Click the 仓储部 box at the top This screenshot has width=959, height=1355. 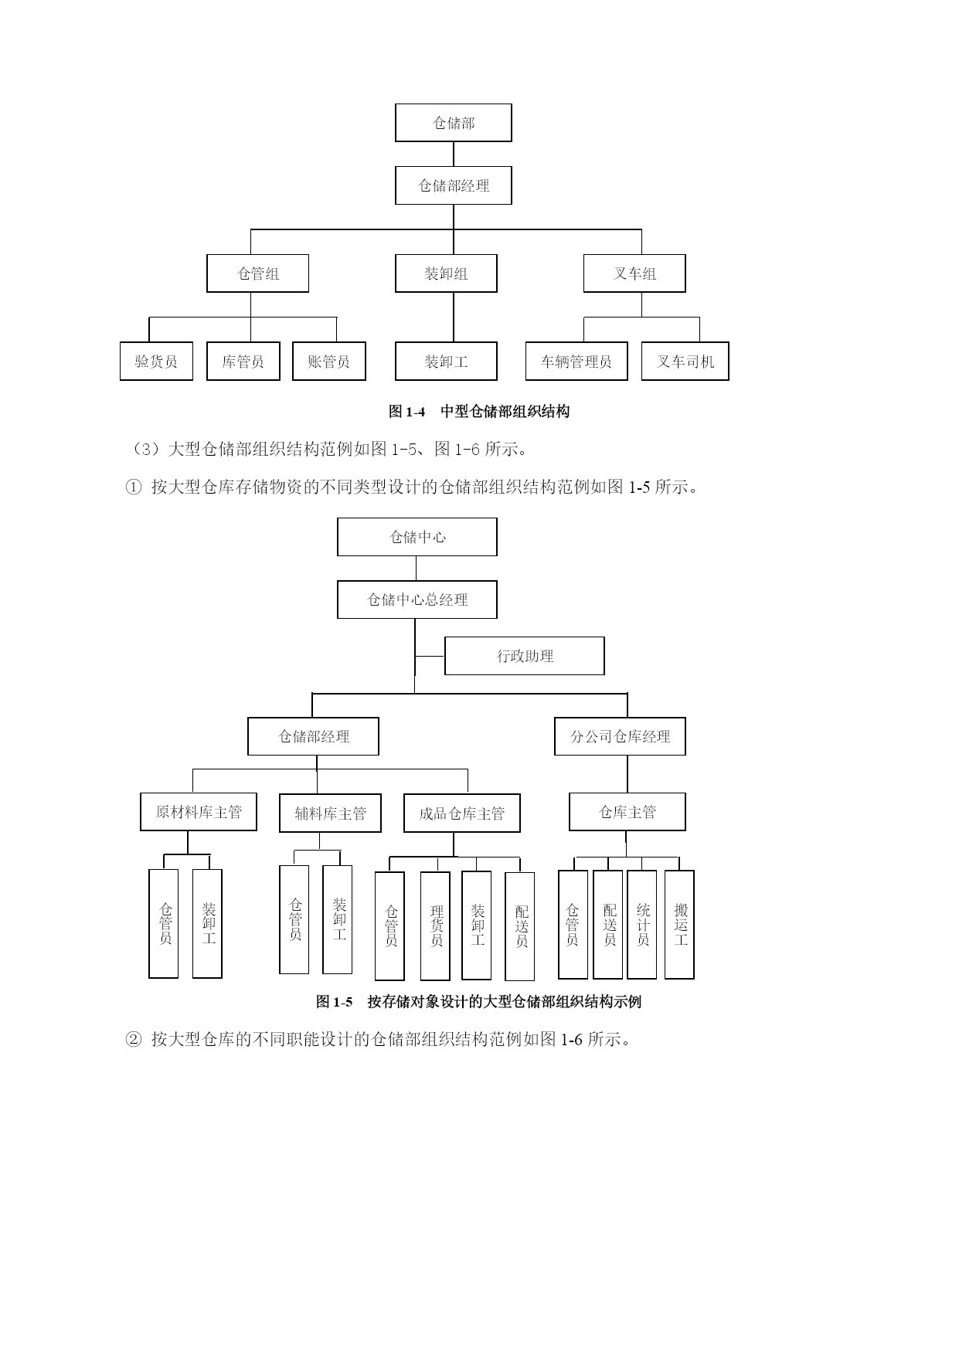tap(453, 123)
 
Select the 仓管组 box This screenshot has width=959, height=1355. tap(257, 273)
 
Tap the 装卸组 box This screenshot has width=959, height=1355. tap(446, 273)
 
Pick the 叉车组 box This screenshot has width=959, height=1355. tap(634, 273)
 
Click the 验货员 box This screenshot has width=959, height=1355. tap(156, 362)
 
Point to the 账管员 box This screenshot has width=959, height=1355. tap(329, 362)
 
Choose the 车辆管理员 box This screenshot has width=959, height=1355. tap(576, 362)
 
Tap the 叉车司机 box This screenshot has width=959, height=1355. tap(685, 362)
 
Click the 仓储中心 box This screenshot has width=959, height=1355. tap(417, 537)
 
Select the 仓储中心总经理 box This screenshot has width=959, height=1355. tap(417, 599)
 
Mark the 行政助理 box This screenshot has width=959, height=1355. tap(525, 656)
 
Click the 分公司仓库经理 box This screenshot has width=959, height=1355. tap(620, 736)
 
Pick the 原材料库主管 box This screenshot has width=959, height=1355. tap(199, 812)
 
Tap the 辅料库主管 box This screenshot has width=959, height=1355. tap(330, 813)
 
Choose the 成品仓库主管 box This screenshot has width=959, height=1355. tap(462, 813)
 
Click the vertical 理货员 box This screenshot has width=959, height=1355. tap(435, 926)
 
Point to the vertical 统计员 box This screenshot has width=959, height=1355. tap(642, 925)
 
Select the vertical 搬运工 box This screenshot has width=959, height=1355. tap(679, 925)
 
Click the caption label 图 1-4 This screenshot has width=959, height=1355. tap(407, 412)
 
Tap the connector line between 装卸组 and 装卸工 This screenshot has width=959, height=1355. tap(454, 318)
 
